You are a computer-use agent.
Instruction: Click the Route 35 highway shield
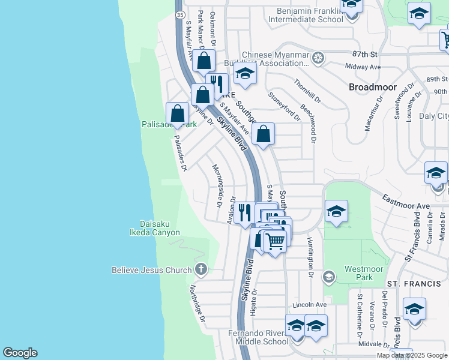click(179, 13)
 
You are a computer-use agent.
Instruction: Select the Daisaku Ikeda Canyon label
click(155, 228)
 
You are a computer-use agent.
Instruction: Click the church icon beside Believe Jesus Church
click(201, 270)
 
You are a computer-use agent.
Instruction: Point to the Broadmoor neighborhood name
click(373, 87)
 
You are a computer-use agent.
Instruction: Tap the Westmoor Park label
click(359, 273)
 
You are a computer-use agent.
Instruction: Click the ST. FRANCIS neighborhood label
click(409, 283)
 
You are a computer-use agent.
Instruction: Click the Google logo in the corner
click(20, 353)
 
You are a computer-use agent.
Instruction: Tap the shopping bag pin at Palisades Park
click(178, 113)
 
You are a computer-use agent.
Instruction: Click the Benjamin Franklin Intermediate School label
click(310, 15)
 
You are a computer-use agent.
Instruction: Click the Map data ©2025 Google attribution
click(412, 355)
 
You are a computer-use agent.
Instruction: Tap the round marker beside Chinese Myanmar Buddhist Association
click(318, 58)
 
